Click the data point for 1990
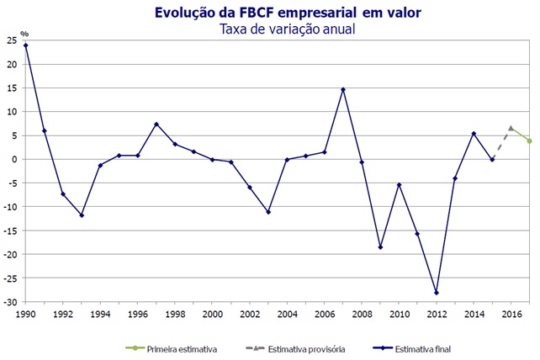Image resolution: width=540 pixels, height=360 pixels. click(x=26, y=45)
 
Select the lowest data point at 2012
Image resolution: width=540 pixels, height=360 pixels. click(x=436, y=293)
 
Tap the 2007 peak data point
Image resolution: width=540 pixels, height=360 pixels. click(x=343, y=89)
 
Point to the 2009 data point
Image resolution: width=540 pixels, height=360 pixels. click(x=380, y=247)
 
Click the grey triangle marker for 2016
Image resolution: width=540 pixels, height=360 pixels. click(x=511, y=128)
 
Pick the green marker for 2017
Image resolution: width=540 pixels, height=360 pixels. click(x=529, y=140)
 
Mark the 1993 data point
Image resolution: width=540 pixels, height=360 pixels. click(x=82, y=215)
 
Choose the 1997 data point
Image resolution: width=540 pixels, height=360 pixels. click(x=156, y=124)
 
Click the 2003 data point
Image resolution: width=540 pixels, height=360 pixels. click(x=268, y=212)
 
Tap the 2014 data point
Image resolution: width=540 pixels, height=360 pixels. click(x=474, y=134)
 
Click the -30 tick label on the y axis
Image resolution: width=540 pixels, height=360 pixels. click(x=12, y=301)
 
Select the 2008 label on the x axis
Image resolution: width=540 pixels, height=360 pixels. click(x=362, y=314)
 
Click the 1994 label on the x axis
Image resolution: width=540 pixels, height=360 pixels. click(x=100, y=314)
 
